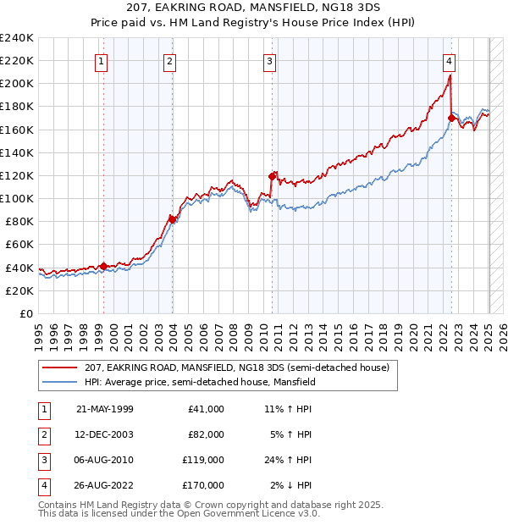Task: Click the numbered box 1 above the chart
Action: (x=101, y=60)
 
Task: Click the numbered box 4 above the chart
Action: (x=449, y=60)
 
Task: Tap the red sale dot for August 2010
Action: (x=273, y=176)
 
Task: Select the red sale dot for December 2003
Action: (x=172, y=218)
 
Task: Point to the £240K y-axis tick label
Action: (x=17, y=38)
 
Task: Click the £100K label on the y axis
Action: (x=17, y=198)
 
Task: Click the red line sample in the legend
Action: (x=61, y=368)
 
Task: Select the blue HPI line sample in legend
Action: (x=61, y=382)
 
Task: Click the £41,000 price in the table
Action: (x=206, y=409)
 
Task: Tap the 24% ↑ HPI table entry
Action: (x=288, y=460)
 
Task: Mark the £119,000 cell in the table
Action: (x=203, y=460)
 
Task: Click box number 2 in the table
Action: (x=42, y=434)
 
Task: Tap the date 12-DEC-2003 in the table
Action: (x=104, y=434)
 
